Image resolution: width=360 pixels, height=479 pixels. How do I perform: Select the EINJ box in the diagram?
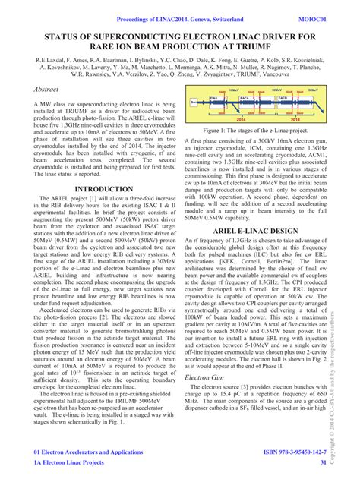(214, 99)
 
